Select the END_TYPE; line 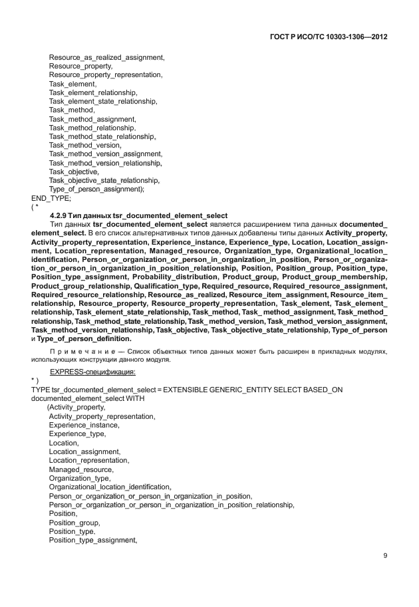click(x=51, y=197)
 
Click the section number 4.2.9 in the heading click(x=60, y=215)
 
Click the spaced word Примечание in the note click(x=80, y=350)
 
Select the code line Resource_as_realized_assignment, click(x=106, y=59)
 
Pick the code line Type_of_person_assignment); click(x=96, y=189)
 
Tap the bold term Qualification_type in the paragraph click(x=170, y=285)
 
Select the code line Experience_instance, click(x=84, y=425)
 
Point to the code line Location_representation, click(x=89, y=460)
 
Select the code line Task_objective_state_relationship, click(x=104, y=180)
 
